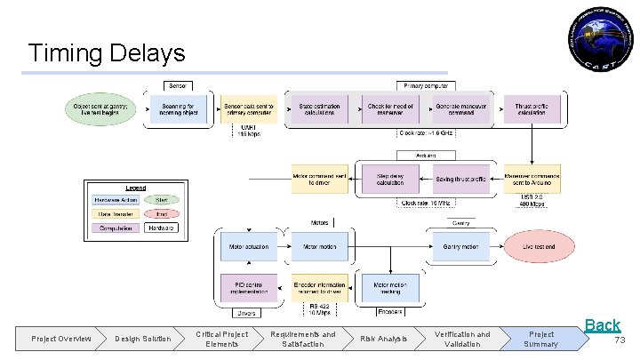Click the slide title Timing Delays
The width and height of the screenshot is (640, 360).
[107, 52]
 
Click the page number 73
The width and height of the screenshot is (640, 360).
[620, 340]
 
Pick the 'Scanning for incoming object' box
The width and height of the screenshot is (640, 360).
[178, 108]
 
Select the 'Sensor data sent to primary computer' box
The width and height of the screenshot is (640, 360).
[249, 108]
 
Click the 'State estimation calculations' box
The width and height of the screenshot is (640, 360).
[319, 108]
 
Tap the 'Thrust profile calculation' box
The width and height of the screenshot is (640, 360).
[532, 108]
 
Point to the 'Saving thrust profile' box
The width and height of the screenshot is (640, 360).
[461, 179]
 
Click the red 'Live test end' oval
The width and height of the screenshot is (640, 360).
[539, 245]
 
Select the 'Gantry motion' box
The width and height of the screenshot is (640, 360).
[461, 245]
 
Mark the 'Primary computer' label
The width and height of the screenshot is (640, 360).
[427, 85]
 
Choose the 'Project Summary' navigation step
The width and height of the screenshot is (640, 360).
[540, 339]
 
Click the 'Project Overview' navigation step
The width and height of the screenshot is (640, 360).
[61, 339]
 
